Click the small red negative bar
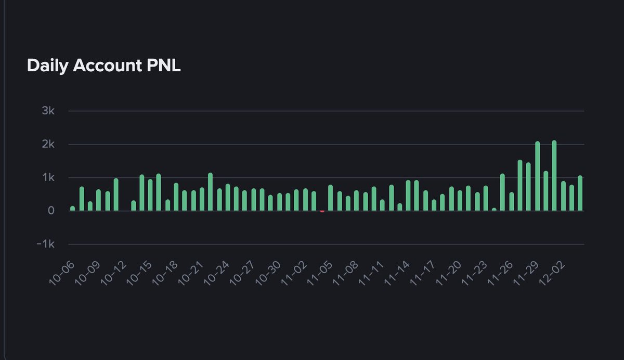pos(322,212)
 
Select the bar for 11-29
pos(538,176)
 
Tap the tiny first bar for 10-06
pos(73,209)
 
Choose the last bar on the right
pos(580,194)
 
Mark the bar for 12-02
pos(563,196)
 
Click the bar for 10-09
pos(98,200)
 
